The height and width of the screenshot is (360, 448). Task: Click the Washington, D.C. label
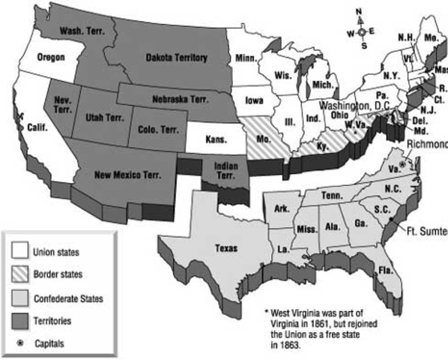354,106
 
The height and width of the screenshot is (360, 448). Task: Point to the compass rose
360,31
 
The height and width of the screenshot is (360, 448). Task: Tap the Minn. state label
246,56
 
